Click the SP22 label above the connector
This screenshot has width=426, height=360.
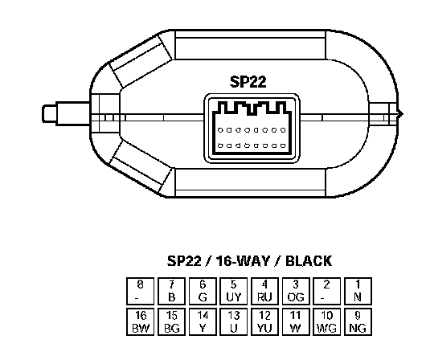click(248, 82)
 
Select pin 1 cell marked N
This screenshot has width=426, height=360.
click(358, 291)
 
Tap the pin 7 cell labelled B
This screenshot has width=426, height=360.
click(171, 291)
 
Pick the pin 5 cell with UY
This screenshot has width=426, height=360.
click(233, 291)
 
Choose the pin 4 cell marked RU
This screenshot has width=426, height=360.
click(264, 291)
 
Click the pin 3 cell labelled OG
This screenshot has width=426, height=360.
click(296, 291)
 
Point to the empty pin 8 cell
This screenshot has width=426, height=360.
click(140, 291)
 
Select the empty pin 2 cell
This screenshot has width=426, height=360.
click(326, 291)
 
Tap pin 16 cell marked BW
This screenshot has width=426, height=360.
click(140, 322)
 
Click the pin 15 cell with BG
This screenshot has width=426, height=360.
click(171, 322)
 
